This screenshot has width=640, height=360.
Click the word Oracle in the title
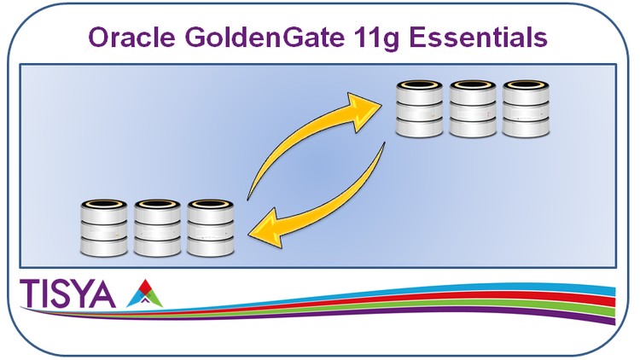[x=131, y=38]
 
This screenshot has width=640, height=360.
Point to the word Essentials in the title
[x=478, y=38]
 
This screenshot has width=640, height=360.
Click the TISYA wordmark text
[x=67, y=293]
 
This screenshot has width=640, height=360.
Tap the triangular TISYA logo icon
[x=144, y=293]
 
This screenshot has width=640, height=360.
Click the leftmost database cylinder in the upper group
[x=419, y=108]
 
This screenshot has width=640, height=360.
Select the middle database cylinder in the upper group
[x=473, y=108]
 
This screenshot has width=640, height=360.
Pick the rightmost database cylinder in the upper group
[x=526, y=108]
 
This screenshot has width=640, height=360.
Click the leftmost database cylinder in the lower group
[x=104, y=228]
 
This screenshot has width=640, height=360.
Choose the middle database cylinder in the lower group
[x=157, y=228]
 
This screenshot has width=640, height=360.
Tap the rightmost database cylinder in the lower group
[x=210, y=228]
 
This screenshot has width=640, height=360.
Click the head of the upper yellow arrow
[x=363, y=110]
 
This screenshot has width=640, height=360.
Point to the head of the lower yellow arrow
[x=266, y=229]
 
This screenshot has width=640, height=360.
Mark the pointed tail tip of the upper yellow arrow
[x=247, y=200]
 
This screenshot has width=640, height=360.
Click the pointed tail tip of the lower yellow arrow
[x=384, y=143]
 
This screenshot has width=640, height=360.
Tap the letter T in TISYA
[x=28, y=293]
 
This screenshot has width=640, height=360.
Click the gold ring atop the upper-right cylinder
[x=526, y=85]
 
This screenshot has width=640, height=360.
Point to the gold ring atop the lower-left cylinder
[x=104, y=204]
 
